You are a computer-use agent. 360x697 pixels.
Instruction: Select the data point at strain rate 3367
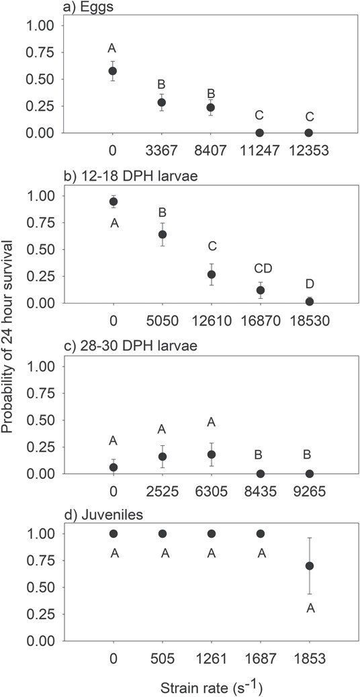coord(162,103)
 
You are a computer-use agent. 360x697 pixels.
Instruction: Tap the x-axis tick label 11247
coord(259,150)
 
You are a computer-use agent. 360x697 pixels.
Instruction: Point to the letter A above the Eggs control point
coord(113,48)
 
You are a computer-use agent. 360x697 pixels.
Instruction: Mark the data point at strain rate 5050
coord(162,234)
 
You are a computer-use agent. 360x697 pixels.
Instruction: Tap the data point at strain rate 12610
coord(211,275)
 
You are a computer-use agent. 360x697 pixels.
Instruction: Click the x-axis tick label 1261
coord(211,659)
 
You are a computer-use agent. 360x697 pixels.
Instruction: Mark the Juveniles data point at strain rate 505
coord(162,534)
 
